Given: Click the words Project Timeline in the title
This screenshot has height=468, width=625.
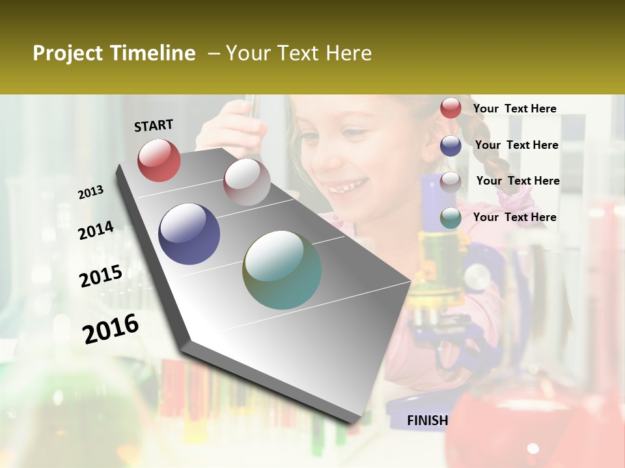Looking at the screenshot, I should (114, 53).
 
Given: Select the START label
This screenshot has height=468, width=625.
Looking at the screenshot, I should (154, 125).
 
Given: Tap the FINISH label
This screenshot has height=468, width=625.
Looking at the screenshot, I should (427, 421).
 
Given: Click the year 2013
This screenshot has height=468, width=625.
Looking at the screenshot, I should (90, 192).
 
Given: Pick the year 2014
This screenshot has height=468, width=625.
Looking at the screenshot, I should (96, 231).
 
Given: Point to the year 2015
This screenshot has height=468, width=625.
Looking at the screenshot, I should (101, 276).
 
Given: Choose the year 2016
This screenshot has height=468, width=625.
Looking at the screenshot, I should (111, 328).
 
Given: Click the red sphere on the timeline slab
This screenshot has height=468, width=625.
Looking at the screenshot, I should (159, 160).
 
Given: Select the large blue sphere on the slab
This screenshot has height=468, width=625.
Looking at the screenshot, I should (189, 234).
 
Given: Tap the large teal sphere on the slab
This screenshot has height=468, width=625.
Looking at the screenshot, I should (282, 270).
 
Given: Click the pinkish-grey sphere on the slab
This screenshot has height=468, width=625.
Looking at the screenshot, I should (247, 182).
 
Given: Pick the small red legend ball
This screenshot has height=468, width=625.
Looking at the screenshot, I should (451, 108).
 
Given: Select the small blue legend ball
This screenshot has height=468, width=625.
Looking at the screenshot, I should (451, 146).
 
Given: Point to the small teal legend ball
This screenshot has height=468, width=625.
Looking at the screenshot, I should (451, 218).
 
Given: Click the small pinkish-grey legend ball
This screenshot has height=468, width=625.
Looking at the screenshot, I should (451, 181).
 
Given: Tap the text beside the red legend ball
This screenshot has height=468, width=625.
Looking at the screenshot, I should (514, 109).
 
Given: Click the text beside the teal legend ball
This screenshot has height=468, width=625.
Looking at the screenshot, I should (514, 217).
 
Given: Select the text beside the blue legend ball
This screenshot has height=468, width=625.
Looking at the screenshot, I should (516, 145).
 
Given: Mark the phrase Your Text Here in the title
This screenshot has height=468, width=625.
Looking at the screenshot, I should (299, 53).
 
